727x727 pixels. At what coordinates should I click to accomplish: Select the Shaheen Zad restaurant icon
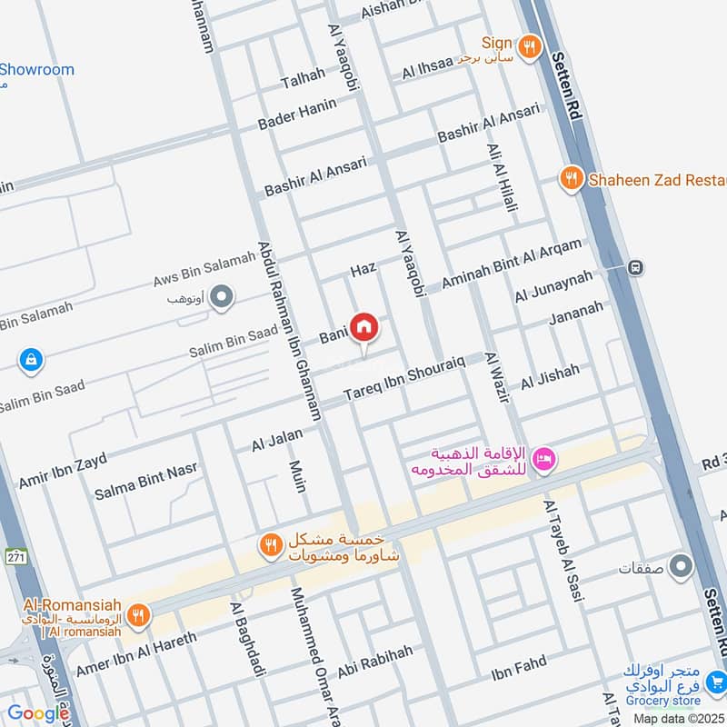(x=572, y=178)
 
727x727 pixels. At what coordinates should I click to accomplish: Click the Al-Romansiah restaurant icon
(x=138, y=615)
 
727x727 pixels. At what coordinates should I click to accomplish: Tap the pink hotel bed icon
(x=543, y=458)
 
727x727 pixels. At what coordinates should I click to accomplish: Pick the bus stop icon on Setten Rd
(x=636, y=267)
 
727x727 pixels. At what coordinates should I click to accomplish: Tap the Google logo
(x=38, y=713)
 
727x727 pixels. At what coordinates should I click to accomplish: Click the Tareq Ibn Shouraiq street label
(x=404, y=379)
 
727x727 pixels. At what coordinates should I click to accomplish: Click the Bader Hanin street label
(x=297, y=114)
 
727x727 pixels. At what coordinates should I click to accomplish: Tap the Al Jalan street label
(x=277, y=441)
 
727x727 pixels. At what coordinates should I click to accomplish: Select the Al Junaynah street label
(x=553, y=285)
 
